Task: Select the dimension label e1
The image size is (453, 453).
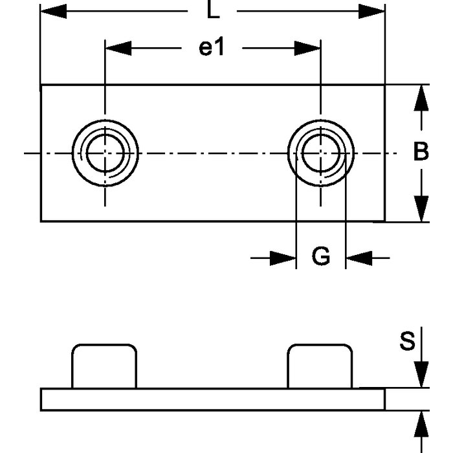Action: coord(211,48)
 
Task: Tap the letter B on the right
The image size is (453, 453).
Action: coord(421,152)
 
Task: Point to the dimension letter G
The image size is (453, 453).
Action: coord(320,258)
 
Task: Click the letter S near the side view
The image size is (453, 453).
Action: coord(406,341)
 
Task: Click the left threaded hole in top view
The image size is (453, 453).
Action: coord(104,153)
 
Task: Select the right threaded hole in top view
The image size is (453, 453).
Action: coord(320,153)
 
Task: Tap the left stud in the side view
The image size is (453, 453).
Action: coord(104,366)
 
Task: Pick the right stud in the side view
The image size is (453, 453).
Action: coord(320,366)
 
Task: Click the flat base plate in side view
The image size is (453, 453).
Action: coord(213,399)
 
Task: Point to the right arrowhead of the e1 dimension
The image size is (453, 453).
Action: coord(307,48)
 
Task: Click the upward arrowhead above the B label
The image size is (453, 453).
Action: coord(421,97)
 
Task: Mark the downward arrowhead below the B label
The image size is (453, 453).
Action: coord(421,208)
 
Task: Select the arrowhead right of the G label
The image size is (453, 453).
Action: coord(358,258)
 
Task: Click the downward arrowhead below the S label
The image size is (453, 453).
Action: coord(421,376)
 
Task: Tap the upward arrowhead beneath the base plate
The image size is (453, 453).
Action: coord(421,423)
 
